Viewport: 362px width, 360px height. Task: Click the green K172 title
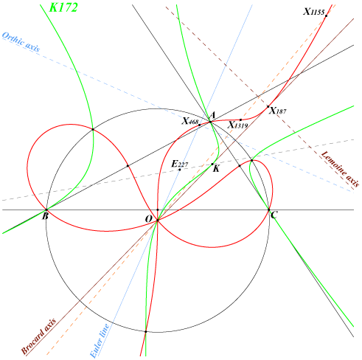point(63,7)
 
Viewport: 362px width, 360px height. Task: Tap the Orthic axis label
point(21,42)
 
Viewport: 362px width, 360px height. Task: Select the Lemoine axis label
point(341,169)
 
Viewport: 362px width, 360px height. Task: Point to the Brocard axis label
point(38,336)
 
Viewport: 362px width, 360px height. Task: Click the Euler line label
point(100,341)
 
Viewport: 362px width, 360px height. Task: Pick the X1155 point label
point(314,12)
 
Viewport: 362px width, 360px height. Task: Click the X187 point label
point(278,111)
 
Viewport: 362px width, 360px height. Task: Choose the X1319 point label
point(237,125)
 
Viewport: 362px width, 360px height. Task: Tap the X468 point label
point(190,121)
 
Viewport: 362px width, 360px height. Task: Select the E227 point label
point(180,164)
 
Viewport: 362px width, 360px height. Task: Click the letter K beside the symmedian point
point(216,169)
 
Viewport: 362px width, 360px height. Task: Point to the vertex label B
point(45,216)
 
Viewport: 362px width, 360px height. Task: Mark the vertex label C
point(274,215)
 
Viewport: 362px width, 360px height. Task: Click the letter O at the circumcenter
point(149,218)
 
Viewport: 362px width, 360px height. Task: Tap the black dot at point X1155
point(326,16)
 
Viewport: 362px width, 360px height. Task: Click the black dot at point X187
point(268,106)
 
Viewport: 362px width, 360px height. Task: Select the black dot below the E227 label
point(180,170)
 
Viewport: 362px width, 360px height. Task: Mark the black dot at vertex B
point(46,210)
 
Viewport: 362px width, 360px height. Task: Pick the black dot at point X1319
point(240,120)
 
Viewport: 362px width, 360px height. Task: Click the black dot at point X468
point(199,125)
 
